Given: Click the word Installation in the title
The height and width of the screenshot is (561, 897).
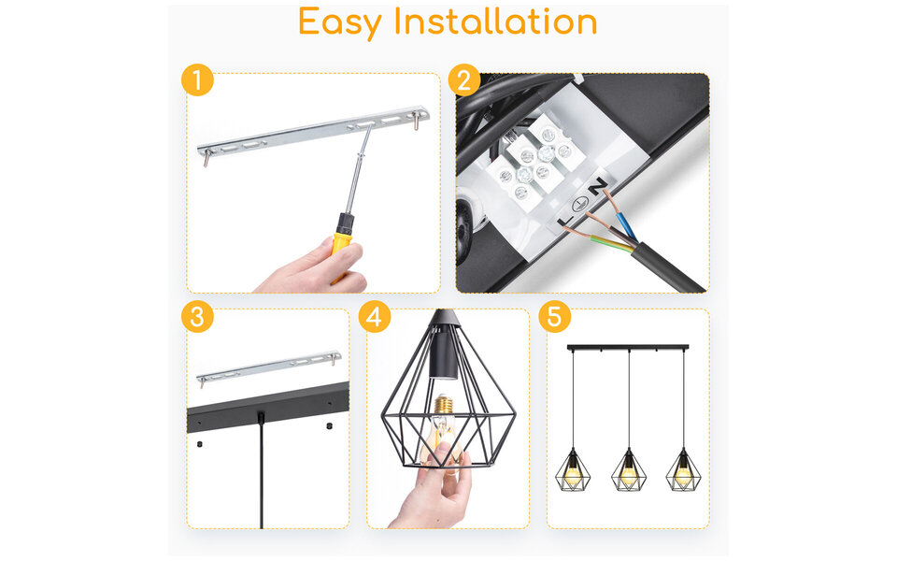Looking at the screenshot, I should (x=495, y=22).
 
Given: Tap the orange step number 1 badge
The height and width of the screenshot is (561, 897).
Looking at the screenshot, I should (x=197, y=80).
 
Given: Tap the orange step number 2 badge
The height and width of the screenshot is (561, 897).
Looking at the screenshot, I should (x=464, y=80).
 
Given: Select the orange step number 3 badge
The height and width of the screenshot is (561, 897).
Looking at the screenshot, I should (x=197, y=316).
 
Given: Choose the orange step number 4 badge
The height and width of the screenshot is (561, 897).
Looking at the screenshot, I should (x=375, y=316).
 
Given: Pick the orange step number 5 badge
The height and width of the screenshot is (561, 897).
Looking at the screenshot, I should (x=554, y=316).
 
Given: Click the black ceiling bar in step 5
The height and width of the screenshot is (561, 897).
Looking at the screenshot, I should (x=628, y=349).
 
